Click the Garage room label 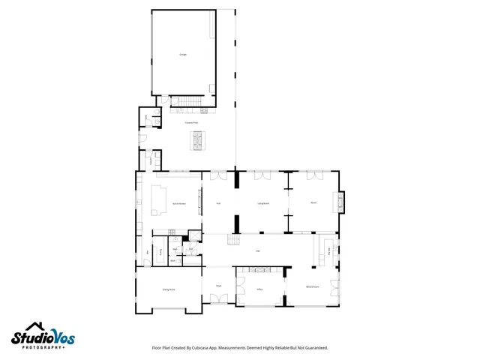[182, 55]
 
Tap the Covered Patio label [191, 122]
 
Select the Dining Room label [169, 289]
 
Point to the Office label [259, 289]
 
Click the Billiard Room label [312, 287]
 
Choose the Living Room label [263, 203]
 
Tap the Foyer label [219, 286]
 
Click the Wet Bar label [329, 250]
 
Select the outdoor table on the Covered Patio [199, 139]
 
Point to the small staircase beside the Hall [235, 240]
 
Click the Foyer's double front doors [219, 299]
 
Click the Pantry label [160, 252]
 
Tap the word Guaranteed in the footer [315, 348]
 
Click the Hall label [258, 250]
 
